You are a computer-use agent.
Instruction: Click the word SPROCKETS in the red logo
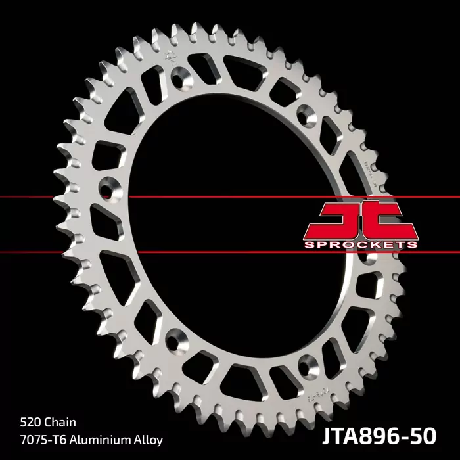coord(360,245)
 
